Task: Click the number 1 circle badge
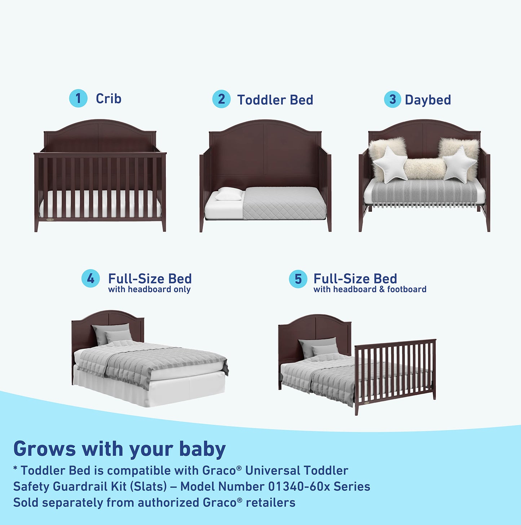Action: click(x=78, y=98)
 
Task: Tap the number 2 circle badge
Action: click(x=221, y=99)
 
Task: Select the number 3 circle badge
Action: click(x=393, y=100)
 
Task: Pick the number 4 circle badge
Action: click(x=90, y=279)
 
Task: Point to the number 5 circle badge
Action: click(x=298, y=279)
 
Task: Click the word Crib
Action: click(x=109, y=98)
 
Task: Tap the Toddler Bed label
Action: click(x=275, y=100)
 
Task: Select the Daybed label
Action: click(x=428, y=100)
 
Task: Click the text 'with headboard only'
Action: click(x=149, y=290)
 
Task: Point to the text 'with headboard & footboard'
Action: click(x=370, y=290)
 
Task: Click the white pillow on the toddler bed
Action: click(x=229, y=194)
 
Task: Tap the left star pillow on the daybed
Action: click(x=390, y=165)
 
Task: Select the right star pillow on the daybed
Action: click(x=459, y=164)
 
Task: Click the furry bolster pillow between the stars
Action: click(x=424, y=169)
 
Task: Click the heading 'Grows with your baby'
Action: click(x=119, y=449)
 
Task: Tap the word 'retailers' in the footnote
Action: click(x=270, y=503)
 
